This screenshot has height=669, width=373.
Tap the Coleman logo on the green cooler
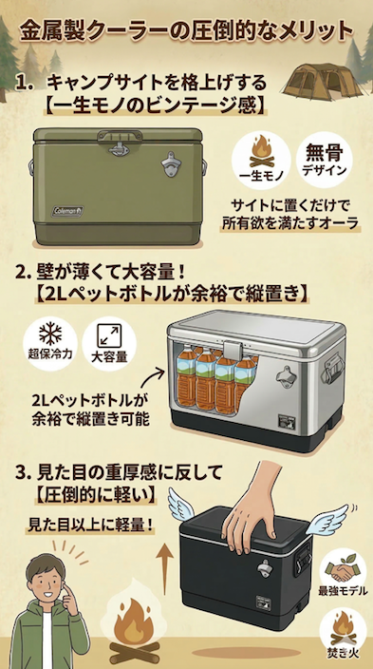[x=67, y=211]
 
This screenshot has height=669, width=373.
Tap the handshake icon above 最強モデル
[x=341, y=569]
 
